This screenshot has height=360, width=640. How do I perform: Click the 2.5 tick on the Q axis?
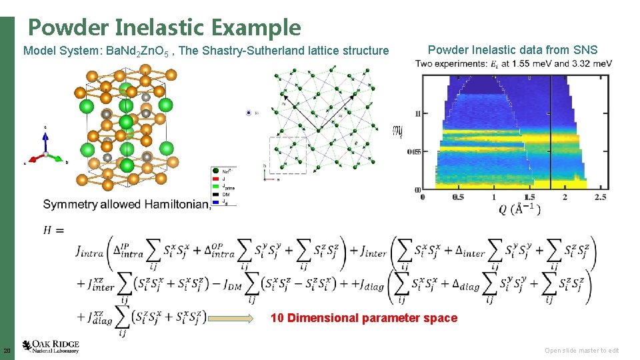tap(601, 197)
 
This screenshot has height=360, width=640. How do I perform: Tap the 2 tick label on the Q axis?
tap(565, 197)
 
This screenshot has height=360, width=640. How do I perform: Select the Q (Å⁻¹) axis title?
tap(520, 209)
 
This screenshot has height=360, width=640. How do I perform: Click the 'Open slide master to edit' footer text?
tap(581, 351)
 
